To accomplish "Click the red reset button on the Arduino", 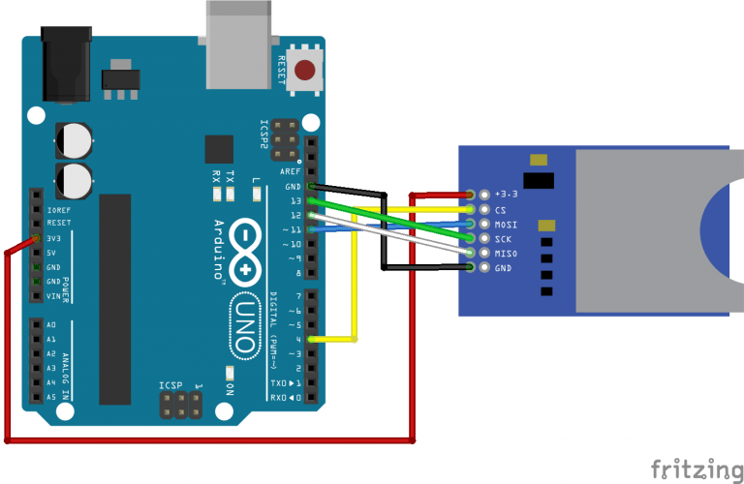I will click(306, 71).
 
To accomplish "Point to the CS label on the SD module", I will click(500, 209).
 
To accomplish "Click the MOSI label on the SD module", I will click(505, 224).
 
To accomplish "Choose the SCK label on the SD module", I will click(502, 238).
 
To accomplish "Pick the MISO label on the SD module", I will click(505, 254).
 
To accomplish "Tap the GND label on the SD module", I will click(502, 268).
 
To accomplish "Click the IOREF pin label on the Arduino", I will click(58, 208).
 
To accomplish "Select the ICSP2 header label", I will click(264, 136).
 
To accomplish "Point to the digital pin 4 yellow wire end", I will click(311, 340).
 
